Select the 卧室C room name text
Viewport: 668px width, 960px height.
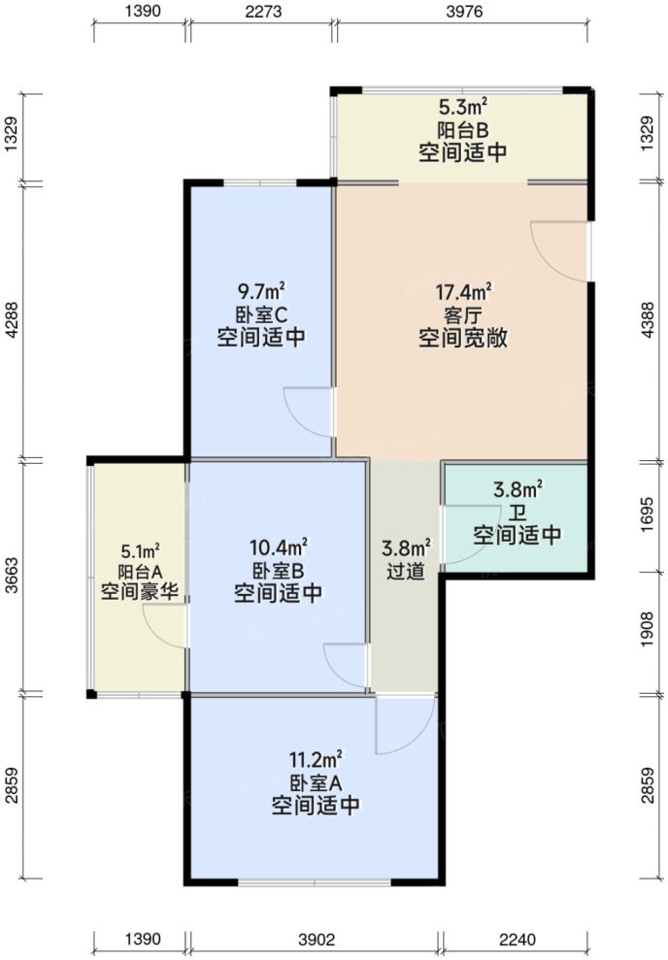[x=261, y=314]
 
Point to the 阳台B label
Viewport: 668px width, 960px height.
[x=462, y=129]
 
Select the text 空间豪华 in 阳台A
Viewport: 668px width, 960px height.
[x=140, y=591]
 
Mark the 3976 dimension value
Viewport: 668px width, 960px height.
[x=462, y=12]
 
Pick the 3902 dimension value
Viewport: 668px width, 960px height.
[x=316, y=941]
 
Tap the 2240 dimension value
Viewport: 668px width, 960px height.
[x=517, y=941]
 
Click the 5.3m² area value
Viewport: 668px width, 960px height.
[x=462, y=107]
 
